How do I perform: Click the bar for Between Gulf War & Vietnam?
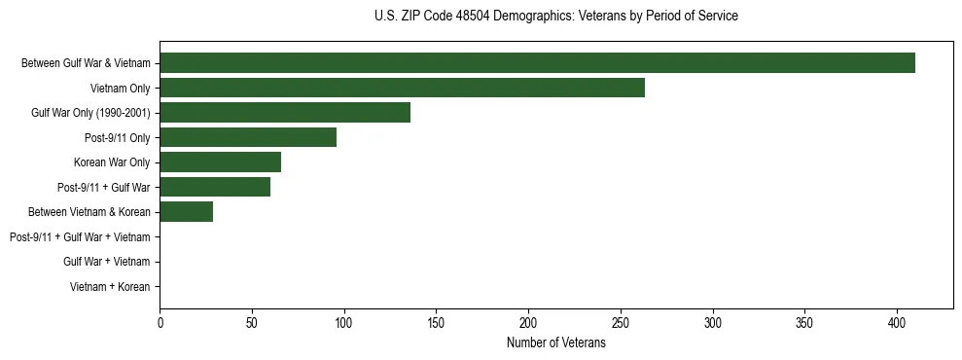[x=537, y=63]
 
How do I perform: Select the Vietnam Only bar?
[x=402, y=89]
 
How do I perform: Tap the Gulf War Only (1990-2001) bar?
[x=285, y=113]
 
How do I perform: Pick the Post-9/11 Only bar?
[x=248, y=138]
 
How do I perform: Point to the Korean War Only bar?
[x=220, y=162]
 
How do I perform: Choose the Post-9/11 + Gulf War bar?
[x=215, y=188]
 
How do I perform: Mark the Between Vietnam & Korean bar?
[x=186, y=212]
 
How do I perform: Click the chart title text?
[x=555, y=17]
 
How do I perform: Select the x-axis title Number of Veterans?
[x=555, y=343]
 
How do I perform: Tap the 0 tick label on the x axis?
[x=160, y=322]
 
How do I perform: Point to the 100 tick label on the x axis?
[x=344, y=322]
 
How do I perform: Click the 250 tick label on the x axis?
[x=621, y=322]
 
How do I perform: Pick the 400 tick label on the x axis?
[x=897, y=322]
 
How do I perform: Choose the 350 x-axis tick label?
[x=805, y=322]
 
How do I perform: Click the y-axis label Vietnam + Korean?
[x=110, y=287]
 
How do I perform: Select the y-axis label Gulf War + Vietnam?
[x=107, y=262]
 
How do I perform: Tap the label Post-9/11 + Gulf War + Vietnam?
[x=80, y=237]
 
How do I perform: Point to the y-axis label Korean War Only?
[x=112, y=162]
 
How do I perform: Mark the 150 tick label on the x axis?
[x=437, y=322]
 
